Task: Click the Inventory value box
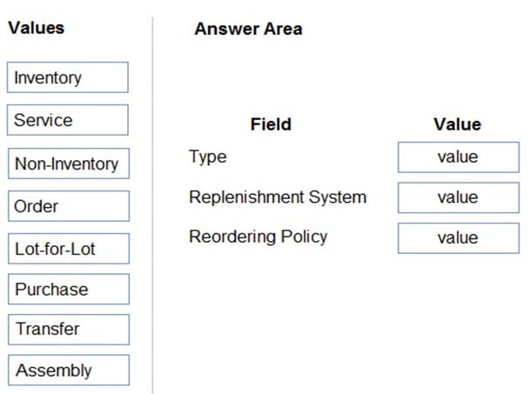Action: coord(68,77)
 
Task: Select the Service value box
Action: coord(68,120)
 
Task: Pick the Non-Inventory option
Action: coord(69,164)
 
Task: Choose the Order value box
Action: coord(69,206)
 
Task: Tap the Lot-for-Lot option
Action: coord(69,249)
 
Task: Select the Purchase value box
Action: coord(69,289)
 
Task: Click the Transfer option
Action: coord(69,330)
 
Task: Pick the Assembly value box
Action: coord(69,370)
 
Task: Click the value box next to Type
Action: coord(459,157)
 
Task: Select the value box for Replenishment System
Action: coord(459,197)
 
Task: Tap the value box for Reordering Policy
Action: coord(459,238)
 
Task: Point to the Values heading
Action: coord(36,28)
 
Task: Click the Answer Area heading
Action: coord(248,29)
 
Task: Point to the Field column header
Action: coord(271,124)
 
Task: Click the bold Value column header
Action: coord(457,124)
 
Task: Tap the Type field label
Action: coord(208,157)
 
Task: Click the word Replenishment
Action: coord(246,197)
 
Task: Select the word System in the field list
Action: coord(338,197)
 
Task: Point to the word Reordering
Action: coord(233,237)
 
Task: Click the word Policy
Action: coord(304,237)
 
